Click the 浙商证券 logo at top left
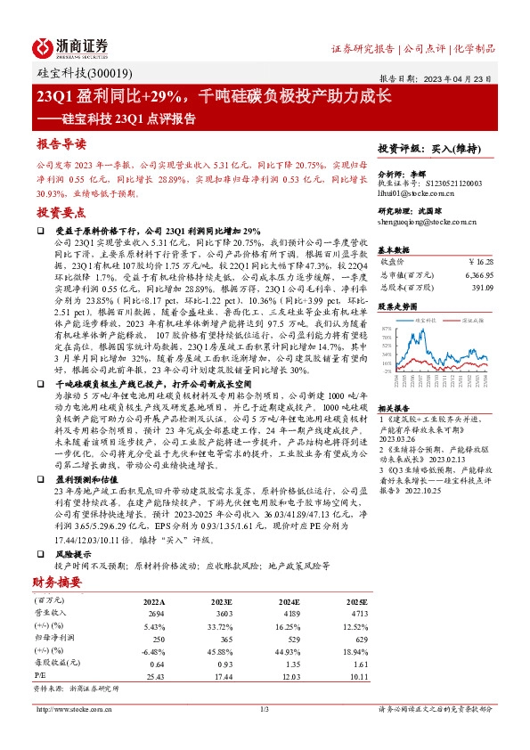click(72, 46)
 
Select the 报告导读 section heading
click(61, 143)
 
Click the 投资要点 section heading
click(61, 212)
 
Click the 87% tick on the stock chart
click(386, 328)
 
